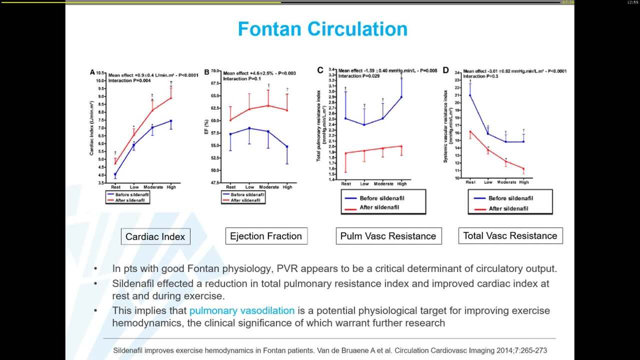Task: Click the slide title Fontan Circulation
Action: click(322, 29)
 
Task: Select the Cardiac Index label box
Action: click(155, 236)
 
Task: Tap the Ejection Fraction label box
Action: click(266, 236)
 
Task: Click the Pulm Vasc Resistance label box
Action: click(388, 236)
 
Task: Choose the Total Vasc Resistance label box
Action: click(510, 235)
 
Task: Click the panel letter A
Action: click(92, 72)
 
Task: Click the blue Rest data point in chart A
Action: click(115, 174)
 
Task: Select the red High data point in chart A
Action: click(171, 97)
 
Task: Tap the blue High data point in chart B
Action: click(287, 146)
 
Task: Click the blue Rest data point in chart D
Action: click(470, 95)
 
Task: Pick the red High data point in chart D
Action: click(523, 169)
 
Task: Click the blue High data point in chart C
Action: click(401, 97)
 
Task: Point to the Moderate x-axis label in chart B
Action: click(269, 187)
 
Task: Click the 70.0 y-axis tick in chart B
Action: click(216, 71)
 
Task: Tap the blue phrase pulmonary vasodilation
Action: click(241, 310)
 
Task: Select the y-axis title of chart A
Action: click(92, 127)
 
